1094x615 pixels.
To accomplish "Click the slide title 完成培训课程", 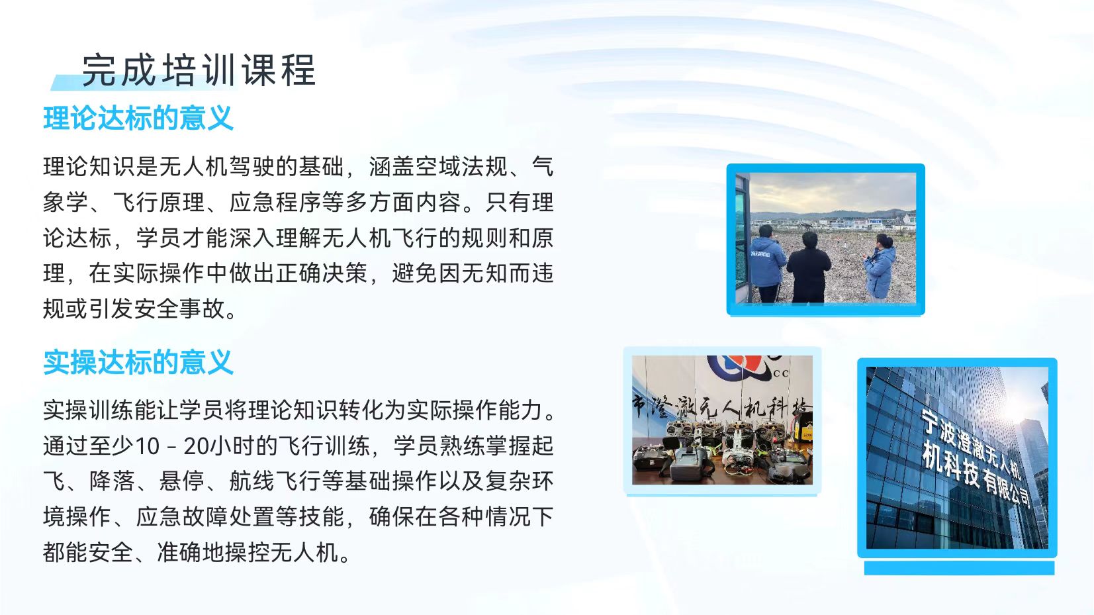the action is [199, 71].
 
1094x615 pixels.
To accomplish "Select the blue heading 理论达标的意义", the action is [139, 118].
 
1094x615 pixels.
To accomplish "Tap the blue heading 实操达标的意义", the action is [139, 363].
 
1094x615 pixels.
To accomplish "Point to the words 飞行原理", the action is [159, 202].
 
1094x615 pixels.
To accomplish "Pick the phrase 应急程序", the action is [275, 202].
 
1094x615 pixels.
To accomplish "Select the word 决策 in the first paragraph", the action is [345, 273].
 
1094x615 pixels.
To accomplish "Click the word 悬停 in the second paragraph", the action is [182, 482].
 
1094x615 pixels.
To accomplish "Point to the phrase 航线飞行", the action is [275, 482].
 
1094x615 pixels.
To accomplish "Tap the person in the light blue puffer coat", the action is [881, 267].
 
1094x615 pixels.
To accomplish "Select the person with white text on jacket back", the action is [768, 264].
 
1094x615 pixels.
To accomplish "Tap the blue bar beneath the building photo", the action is [959, 567].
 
